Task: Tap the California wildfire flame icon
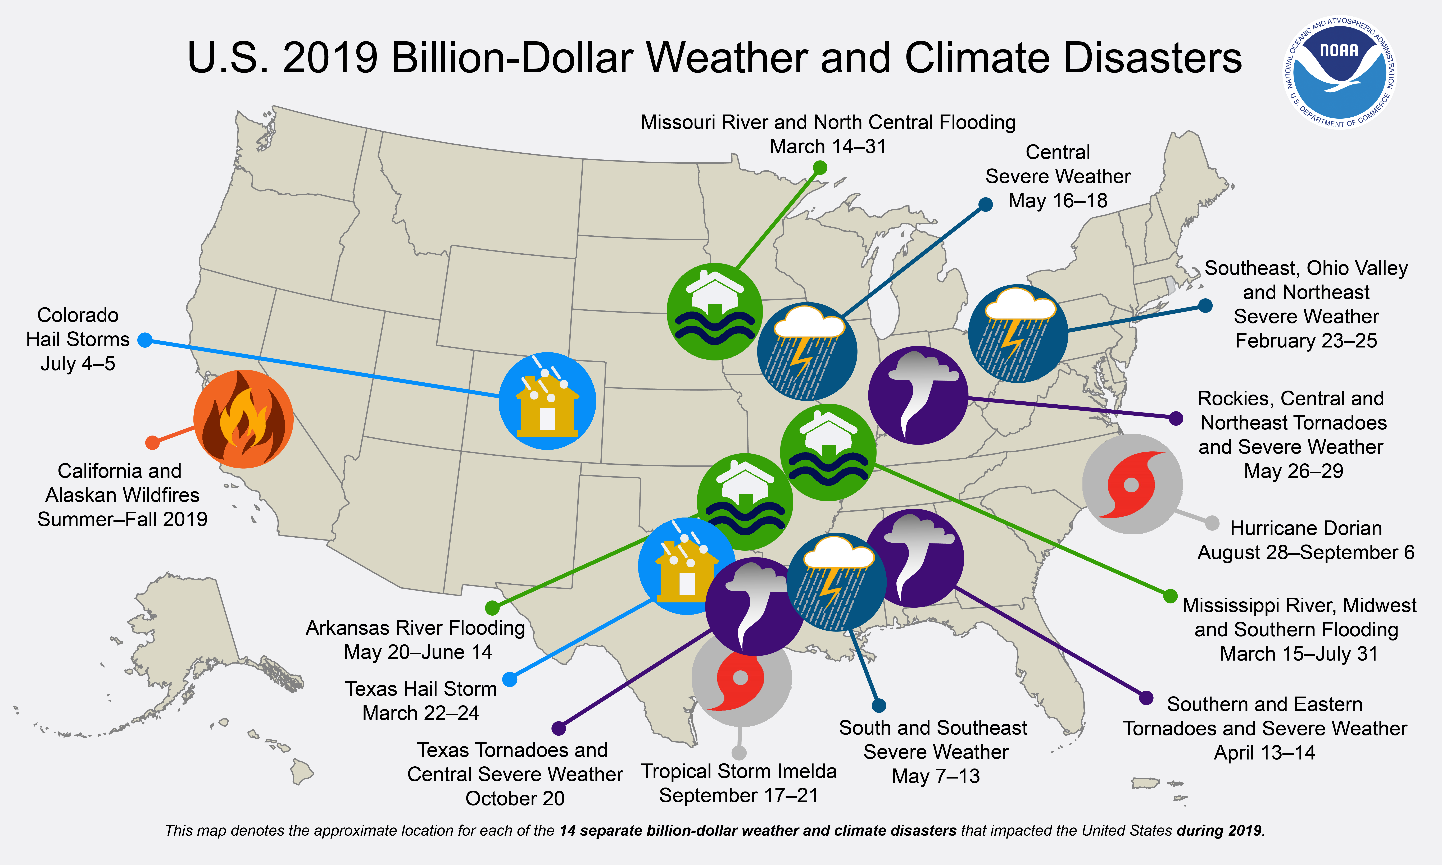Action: [x=243, y=419]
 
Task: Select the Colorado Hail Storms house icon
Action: [x=547, y=401]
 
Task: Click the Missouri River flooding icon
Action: [x=714, y=312]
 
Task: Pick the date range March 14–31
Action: [x=827, y=146]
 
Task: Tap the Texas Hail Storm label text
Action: [x=420, y=689]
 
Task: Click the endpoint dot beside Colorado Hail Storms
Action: [x=145, y=340]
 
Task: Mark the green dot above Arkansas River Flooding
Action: [x=493, y=608]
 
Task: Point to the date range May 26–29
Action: [x=1293, y=471]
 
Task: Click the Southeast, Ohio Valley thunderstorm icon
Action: [x=1018, y=333]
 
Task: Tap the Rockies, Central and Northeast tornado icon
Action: [x=918, y=395]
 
